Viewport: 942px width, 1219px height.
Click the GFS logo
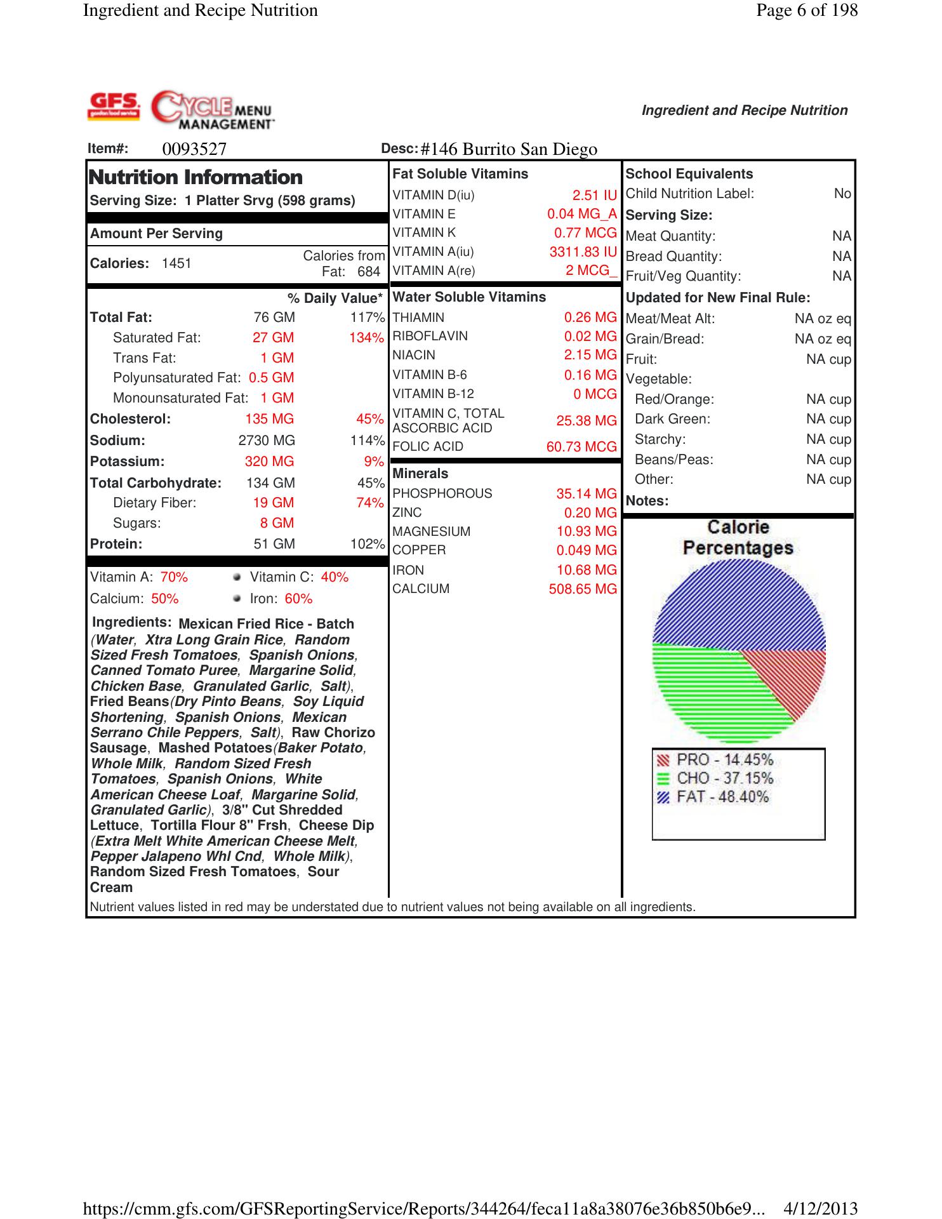pyautogui.click(x=114, y=106)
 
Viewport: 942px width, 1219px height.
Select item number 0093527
pyautogui.click(x=194, y=149)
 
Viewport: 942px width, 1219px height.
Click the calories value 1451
pyautogui.click(x=176, y=263)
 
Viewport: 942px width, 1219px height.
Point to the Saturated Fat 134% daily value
pyautogui.click(x=366, y=338)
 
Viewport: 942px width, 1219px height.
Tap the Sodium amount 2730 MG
pyautogui.click(x=267, y=441)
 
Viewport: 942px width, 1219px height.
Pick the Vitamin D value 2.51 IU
pyautogui.click(x=594, y=196)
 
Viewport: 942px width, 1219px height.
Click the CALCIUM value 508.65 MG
pyautogui.click(x=583, y=589)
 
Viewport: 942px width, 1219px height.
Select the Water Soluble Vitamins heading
pyautogui.click(x=469, y=297)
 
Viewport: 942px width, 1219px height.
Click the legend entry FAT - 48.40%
pyautogui.click(x=722, y=797)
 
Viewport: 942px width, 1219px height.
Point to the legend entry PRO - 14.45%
pyautogui.click(x=724, y=760)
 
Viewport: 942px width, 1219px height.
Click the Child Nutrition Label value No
pyautogui.click(x=842, y=194)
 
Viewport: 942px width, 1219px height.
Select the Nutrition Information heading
pyautogui.click(x=196, y=177)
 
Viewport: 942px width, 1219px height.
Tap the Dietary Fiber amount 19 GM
pyautogui.click(x=273, y=503)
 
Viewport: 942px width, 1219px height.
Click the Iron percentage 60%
pyautogui.click(x=298, y=599)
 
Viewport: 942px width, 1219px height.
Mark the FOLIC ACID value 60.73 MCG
pyautogui.click(x=581, y=447)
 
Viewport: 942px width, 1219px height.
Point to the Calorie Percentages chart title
pyautogui.click(x=738, y=537)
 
